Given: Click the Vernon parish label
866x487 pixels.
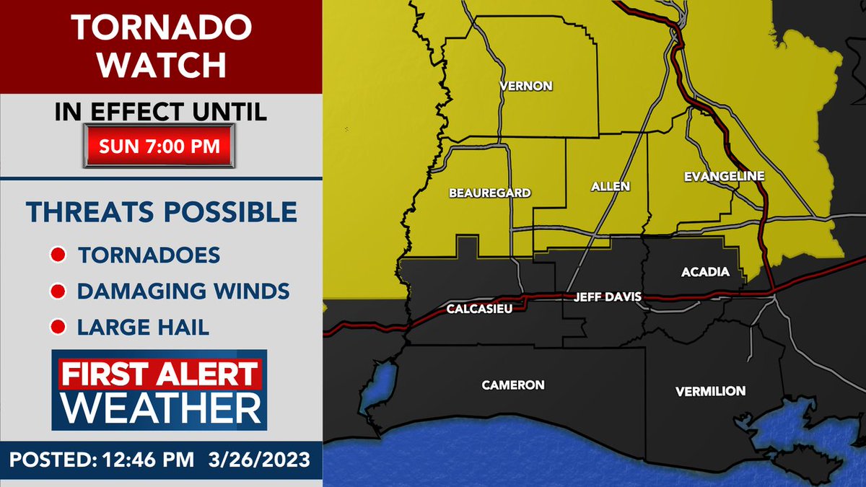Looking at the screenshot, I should coord(526,86).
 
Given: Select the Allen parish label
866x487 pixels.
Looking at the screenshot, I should coord(611,186).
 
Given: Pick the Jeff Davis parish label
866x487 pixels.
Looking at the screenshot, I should coord(607,297).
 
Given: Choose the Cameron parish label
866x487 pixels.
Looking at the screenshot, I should coord(513,385).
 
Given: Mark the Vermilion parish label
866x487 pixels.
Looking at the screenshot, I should coord(710,391).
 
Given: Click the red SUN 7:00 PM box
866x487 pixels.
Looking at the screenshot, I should coord(159,145).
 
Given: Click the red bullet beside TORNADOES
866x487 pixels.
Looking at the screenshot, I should coord(58,255).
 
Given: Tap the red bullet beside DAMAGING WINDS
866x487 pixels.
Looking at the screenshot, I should coord(58,291).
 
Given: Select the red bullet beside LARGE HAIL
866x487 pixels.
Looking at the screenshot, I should coord(58,328).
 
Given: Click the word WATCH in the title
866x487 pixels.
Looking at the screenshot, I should coord(162,65).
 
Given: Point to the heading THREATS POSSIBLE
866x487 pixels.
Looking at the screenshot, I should coord(162,212).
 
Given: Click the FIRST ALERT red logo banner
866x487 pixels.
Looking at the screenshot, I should coord(159,375).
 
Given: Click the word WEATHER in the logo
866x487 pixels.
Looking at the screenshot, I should coord(160,408).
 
